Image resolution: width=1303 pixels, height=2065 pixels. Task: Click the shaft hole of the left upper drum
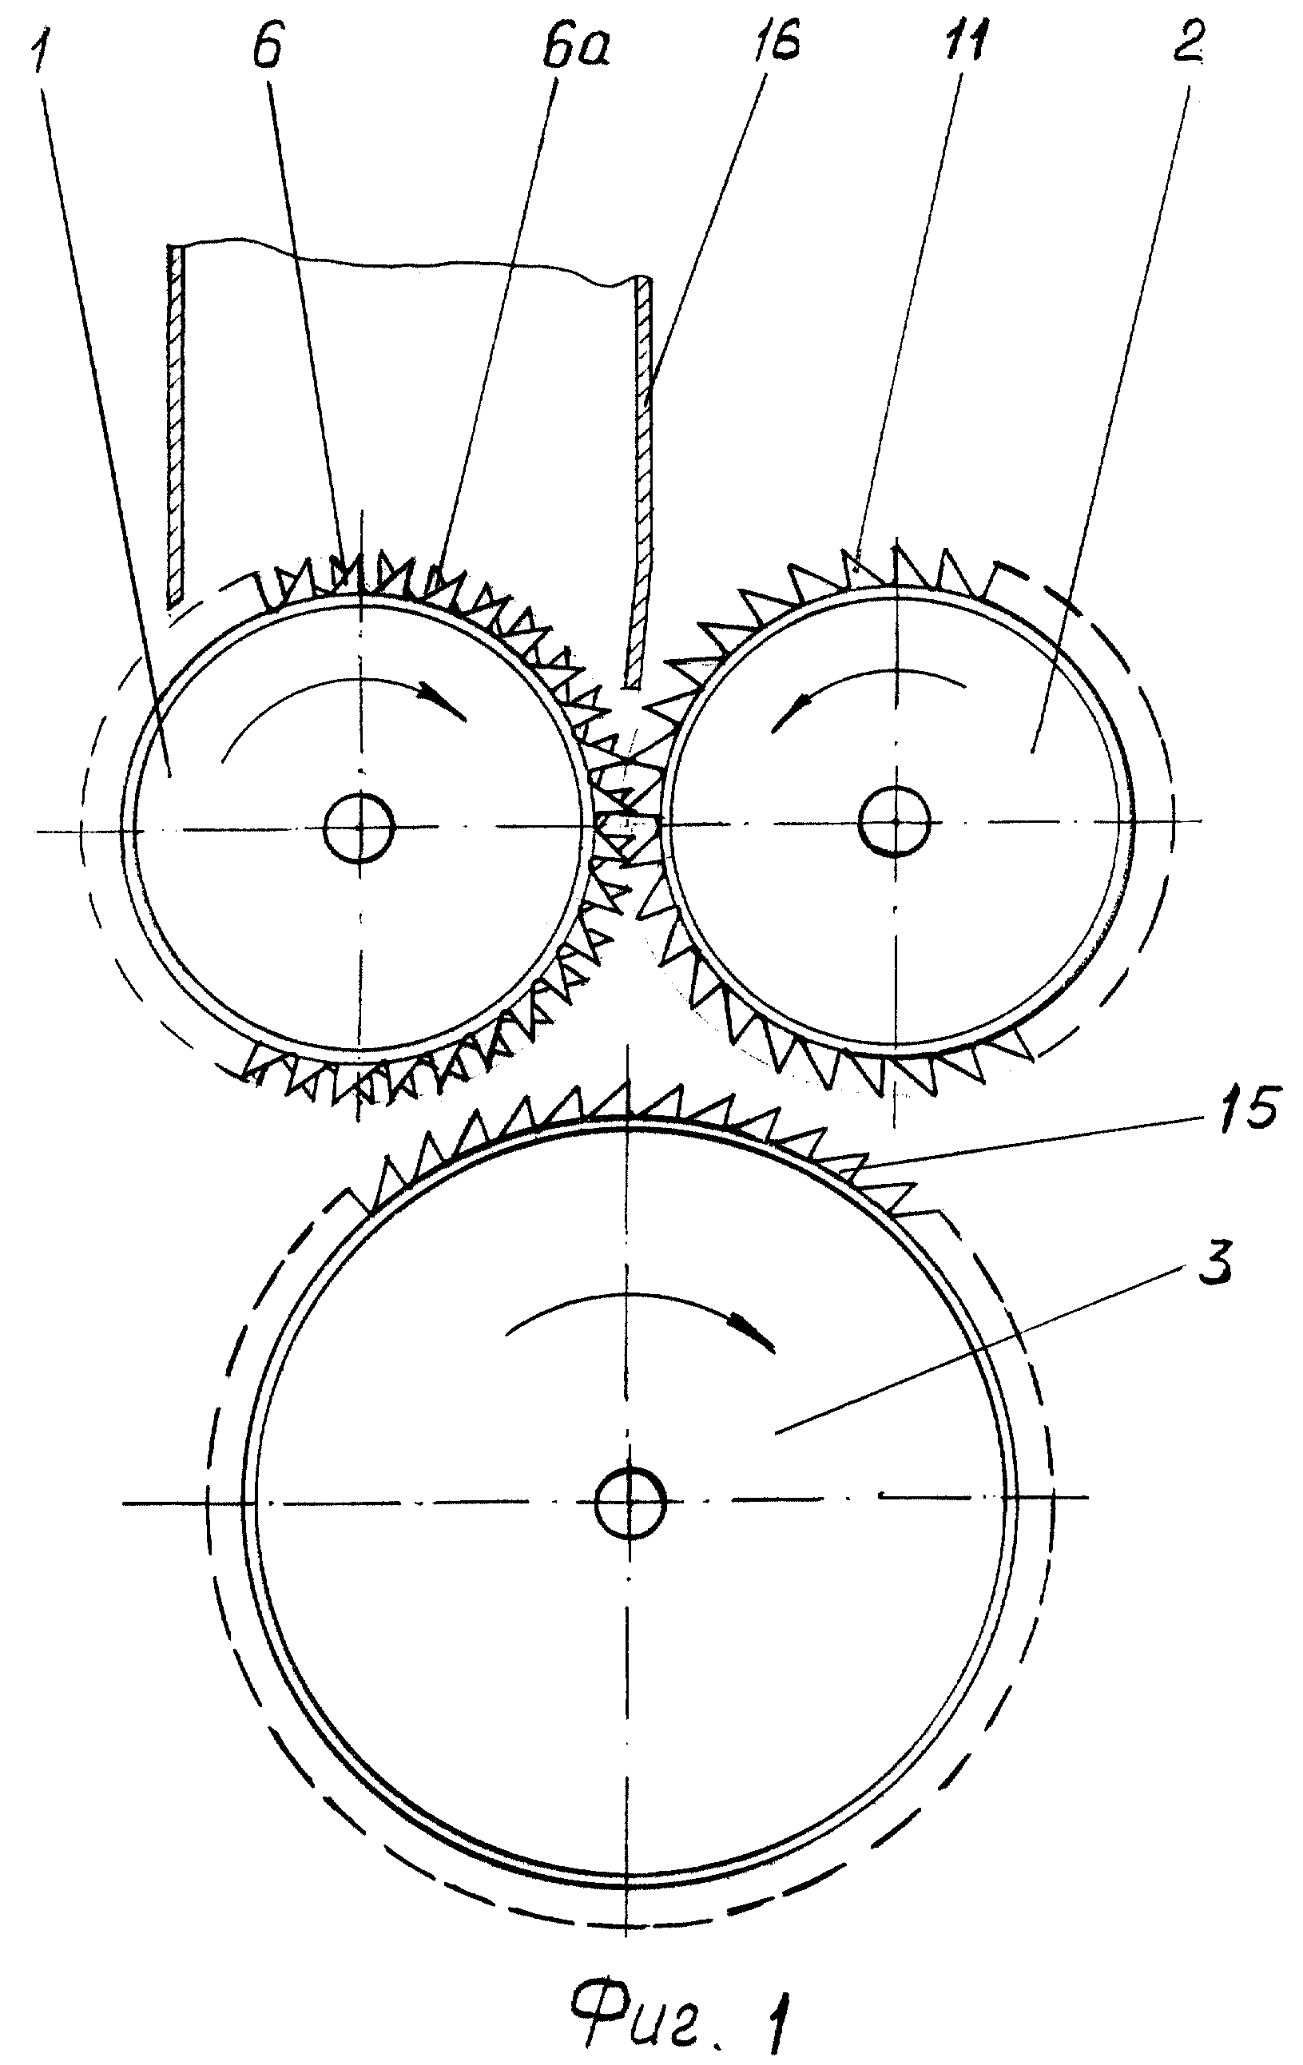tap(360, 828)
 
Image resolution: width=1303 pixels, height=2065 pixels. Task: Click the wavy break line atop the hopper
tap(408, 259)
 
